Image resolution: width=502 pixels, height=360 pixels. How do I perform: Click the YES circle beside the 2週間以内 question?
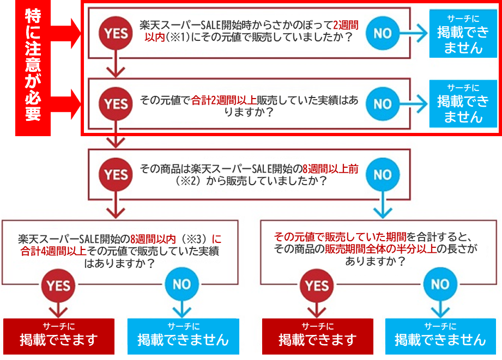(x=116, y=33)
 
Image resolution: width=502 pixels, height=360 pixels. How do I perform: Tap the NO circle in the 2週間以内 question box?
(x=383, y=33)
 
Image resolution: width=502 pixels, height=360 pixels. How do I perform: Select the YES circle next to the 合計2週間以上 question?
(x=116, y=103)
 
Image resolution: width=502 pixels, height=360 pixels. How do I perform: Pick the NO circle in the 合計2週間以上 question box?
(x=383, y=103)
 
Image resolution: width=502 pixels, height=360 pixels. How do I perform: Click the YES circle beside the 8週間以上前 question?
(x=116, y=174)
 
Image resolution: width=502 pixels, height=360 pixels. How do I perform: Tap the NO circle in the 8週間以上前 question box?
(x=383, y=174)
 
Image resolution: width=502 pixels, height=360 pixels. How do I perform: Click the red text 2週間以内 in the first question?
(x=343, y=25)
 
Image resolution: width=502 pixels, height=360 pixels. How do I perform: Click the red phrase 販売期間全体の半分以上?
(x=376, y=249)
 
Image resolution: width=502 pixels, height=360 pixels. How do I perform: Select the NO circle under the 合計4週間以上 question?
(x=181, y=285)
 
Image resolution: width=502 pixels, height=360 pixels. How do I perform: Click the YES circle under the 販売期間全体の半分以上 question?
(x=317, y=285)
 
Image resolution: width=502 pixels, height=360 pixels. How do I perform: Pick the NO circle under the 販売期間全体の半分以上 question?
(x=439, y=285)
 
